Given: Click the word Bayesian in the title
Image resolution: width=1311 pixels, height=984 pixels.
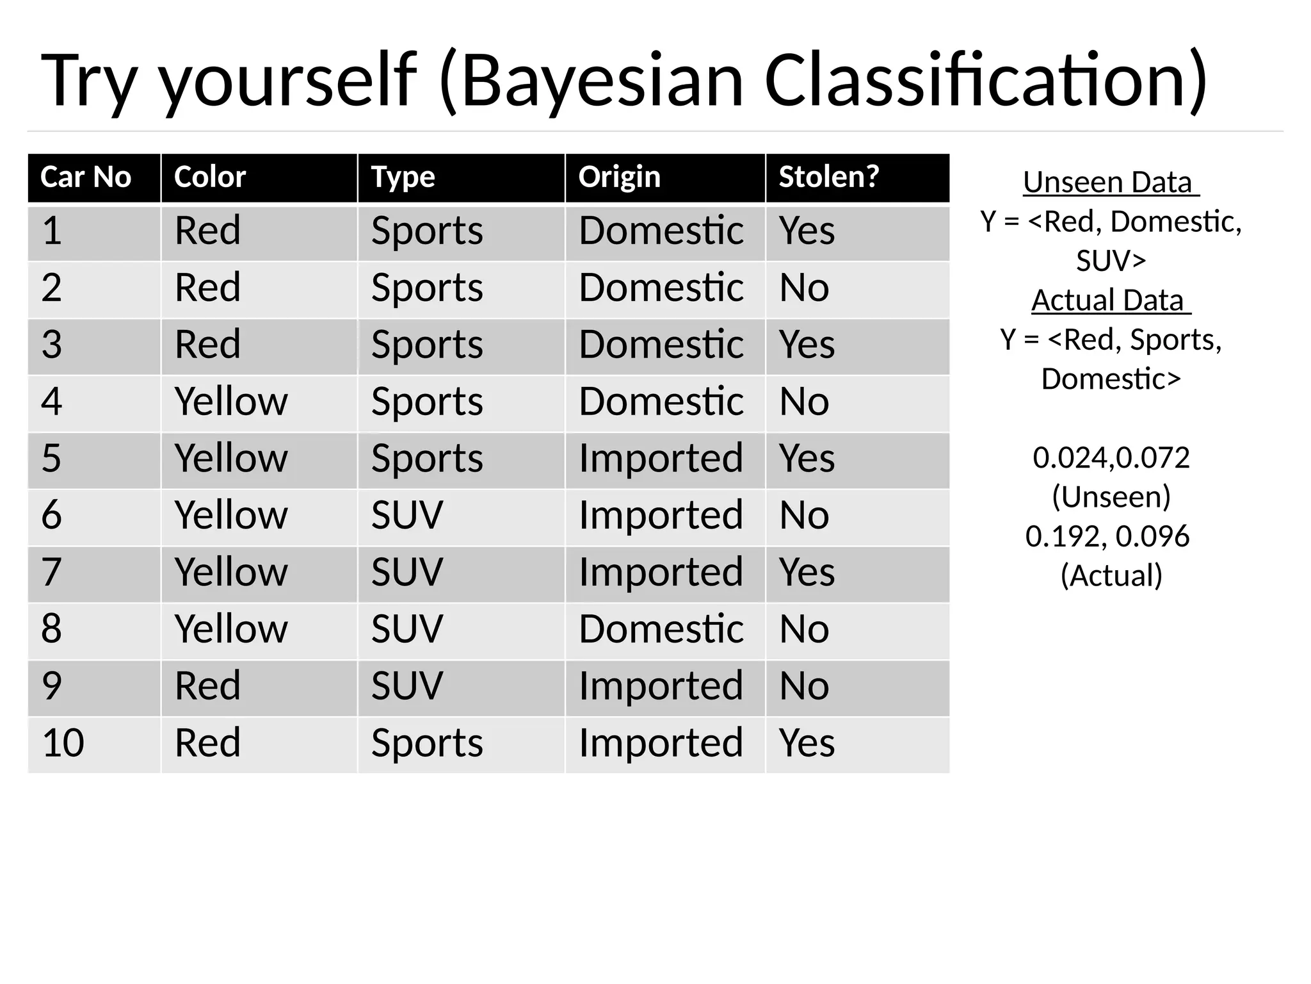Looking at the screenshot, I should tap(601, 82).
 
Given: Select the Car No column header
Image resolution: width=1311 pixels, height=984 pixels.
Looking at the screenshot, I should tap(85, 177).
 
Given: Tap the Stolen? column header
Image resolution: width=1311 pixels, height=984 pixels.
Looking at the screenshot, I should tap(828, 177).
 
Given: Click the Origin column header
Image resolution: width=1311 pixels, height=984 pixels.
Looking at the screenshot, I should tap(619, 177).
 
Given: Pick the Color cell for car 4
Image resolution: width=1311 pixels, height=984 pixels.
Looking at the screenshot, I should tap(231, 402).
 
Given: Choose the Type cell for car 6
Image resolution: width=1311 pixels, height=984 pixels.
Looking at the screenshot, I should tap(407, 515).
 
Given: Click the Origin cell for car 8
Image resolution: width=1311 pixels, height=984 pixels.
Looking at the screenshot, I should tap(661, 629).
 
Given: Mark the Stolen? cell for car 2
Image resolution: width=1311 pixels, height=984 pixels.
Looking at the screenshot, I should tap(804, 288).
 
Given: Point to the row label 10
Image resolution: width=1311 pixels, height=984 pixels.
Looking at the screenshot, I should tap(63, 743).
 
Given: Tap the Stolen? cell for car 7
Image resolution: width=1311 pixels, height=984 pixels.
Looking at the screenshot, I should tap(807, 572).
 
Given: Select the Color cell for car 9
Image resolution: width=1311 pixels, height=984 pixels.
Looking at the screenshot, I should tap(207, 686).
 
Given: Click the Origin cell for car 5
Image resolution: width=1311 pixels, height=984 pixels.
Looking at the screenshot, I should tap(661, 459).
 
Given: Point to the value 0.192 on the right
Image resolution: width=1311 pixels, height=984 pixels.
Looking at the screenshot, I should tap(1064, 536).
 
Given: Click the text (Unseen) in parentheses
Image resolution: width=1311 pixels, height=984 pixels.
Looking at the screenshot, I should tap(1111, 497).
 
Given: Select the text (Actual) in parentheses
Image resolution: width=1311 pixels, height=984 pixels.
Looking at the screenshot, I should tap(1111, 575).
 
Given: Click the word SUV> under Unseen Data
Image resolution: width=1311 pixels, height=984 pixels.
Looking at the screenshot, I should tap(1111, 261).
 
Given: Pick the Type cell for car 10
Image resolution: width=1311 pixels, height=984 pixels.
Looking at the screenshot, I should tap(427, 743).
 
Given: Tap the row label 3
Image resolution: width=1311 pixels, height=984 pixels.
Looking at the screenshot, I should tap(52, 345).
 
